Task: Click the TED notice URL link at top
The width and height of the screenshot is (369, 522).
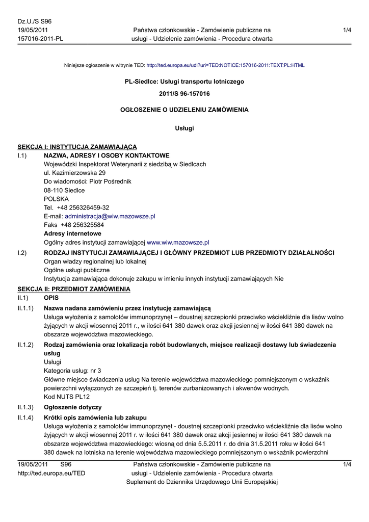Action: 225,65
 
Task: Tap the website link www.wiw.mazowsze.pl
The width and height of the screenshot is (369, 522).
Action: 178,242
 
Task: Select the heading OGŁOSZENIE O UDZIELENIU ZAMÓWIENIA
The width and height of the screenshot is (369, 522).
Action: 184,110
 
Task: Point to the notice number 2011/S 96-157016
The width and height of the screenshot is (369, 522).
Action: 184,94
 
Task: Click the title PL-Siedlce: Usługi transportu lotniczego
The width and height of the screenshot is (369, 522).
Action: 184,82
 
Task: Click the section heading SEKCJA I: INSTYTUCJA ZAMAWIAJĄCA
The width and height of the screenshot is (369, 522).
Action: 77,147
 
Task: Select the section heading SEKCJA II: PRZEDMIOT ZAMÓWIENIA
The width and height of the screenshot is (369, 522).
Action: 74,289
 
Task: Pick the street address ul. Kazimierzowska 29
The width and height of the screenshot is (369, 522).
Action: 75,173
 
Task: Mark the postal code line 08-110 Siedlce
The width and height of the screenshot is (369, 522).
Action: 64,190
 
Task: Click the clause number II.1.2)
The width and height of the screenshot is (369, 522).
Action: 25,345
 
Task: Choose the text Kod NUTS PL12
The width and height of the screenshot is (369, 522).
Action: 67,397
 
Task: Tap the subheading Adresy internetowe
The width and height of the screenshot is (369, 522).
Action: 72,233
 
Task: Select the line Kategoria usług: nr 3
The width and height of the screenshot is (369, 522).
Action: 72,371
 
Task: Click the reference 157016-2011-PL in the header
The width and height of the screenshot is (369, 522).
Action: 40,39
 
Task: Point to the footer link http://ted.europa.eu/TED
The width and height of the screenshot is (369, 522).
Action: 51,473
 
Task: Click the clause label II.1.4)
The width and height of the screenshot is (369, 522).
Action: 25,417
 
